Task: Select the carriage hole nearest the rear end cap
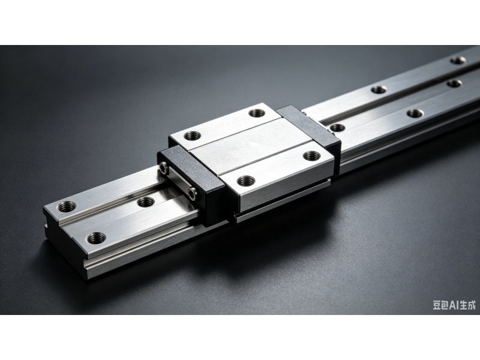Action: click(257, 113)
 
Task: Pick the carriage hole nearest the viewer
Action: click(246, 181)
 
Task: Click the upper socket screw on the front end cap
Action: click(163, 167)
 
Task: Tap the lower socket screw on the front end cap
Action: click(192, 193)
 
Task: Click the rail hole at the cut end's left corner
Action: click(67, 207)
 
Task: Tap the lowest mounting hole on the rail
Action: click(96, 237)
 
